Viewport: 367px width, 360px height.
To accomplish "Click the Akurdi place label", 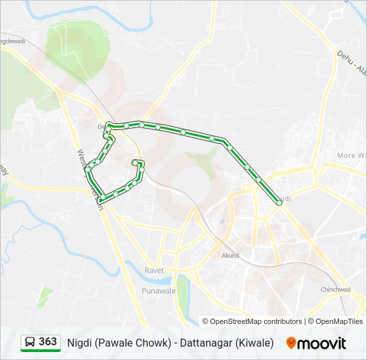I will [x=230, y=255].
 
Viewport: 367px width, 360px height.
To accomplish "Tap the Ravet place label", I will [x=154, y=270].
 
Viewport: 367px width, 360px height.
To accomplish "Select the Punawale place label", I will [x=158, y=291].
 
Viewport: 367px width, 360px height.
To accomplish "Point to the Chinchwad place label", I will [x=335, y=289].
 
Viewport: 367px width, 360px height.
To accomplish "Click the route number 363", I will [x=48, y=342].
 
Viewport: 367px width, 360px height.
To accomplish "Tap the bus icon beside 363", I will [x=31, y=343].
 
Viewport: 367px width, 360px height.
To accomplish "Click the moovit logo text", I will [x=322, y=343].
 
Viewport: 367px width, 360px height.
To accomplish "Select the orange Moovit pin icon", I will [x=291, y=343].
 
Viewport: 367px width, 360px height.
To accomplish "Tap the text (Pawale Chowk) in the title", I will [x=129, y=343].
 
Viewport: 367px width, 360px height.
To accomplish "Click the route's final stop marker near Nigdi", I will [x=279, y=203].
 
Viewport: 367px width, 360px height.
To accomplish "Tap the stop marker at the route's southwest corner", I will [x=101, y=199].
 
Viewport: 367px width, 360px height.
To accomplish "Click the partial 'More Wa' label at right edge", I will [x=351, y=155].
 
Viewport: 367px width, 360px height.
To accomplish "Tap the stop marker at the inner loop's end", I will [x=135, y=163].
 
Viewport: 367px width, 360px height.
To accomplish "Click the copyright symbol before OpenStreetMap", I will [x=206, y=321].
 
